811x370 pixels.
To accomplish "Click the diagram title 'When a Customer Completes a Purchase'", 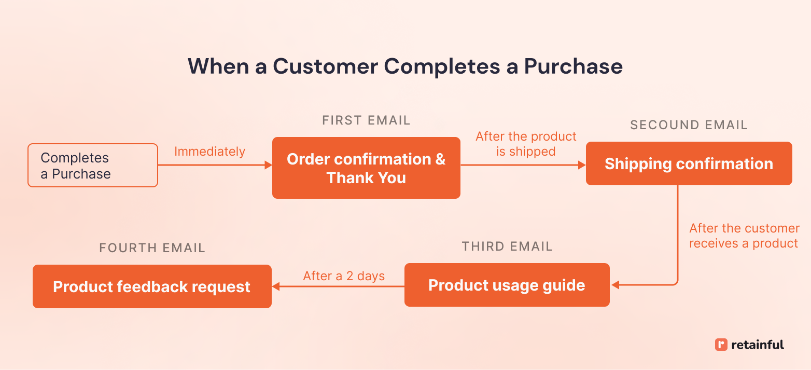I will pos(405,66).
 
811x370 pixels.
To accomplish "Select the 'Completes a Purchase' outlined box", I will pos(92,166).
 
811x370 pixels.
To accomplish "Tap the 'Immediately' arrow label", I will pos(209,152).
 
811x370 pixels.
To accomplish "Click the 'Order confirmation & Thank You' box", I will pos(366,168).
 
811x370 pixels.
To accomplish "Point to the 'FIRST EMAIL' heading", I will pos(366,120).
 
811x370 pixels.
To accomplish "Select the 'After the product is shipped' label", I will pos(526,144).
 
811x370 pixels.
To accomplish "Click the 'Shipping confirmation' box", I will pos(689,164).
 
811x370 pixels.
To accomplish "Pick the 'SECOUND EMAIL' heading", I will pos(689,125).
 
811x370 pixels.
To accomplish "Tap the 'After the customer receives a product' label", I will pos(744,236).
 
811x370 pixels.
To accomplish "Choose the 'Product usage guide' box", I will pos(507,285).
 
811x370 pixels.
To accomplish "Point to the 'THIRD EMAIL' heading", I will pos(507,246).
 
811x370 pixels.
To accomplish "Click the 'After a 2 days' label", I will pos(344,276).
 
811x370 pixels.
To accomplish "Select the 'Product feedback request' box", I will pos(152,286).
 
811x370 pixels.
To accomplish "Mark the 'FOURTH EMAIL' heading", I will pos(152,248).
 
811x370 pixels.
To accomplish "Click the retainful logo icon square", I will pos(721,345).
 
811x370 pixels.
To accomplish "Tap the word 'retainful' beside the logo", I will pos(758,345).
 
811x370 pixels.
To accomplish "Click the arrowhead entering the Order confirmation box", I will pos(268,165).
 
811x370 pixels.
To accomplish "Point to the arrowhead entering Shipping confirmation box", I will pos(582,165).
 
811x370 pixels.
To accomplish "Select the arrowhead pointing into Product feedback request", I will pos(276,286).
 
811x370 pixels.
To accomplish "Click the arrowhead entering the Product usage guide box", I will pos(616,285).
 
